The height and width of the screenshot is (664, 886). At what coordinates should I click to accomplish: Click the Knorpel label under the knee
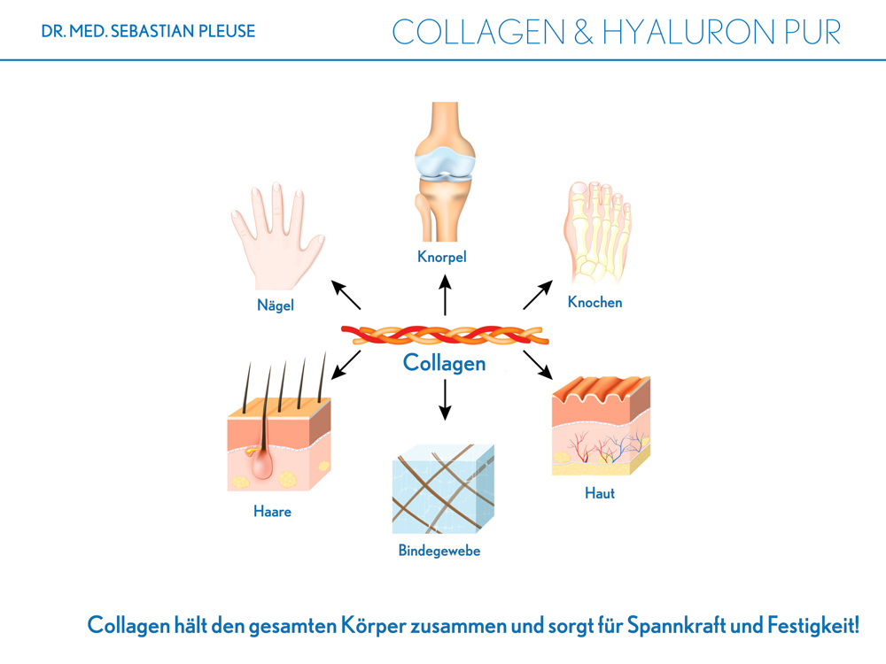pos(442,257)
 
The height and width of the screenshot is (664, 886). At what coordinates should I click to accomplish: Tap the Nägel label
pos(276,305)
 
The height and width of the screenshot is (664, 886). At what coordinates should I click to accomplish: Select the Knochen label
pos(595,302)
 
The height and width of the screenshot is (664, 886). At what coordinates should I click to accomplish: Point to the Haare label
pos(272,512)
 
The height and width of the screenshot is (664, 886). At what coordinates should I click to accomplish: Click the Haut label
pos(600,493)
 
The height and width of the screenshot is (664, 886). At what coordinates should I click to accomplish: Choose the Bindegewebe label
pos(439,551)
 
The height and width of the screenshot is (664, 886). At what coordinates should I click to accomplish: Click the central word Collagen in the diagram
pos(444,363)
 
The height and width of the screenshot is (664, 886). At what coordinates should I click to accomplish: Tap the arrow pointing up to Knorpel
pos(446,295)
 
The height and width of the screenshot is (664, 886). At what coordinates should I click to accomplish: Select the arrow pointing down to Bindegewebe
pos(446,400)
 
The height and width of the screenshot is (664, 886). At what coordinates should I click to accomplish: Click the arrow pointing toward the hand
pos(346,295)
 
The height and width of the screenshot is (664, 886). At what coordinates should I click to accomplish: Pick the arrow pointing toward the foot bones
pos(538,295)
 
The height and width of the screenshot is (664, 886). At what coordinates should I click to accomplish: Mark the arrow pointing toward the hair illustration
pos(346,365)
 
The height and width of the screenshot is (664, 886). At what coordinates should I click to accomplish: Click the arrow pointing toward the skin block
pos(538,365)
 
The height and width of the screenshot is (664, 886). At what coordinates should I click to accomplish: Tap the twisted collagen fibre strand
pos(445,335)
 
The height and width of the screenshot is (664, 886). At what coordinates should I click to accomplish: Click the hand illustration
pos(276,237)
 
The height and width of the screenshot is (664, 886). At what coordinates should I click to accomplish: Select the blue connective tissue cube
pos(443,489)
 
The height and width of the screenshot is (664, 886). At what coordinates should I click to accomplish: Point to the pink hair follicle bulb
pos(261,463)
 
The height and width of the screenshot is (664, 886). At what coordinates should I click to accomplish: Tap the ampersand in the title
pos(584,32)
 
